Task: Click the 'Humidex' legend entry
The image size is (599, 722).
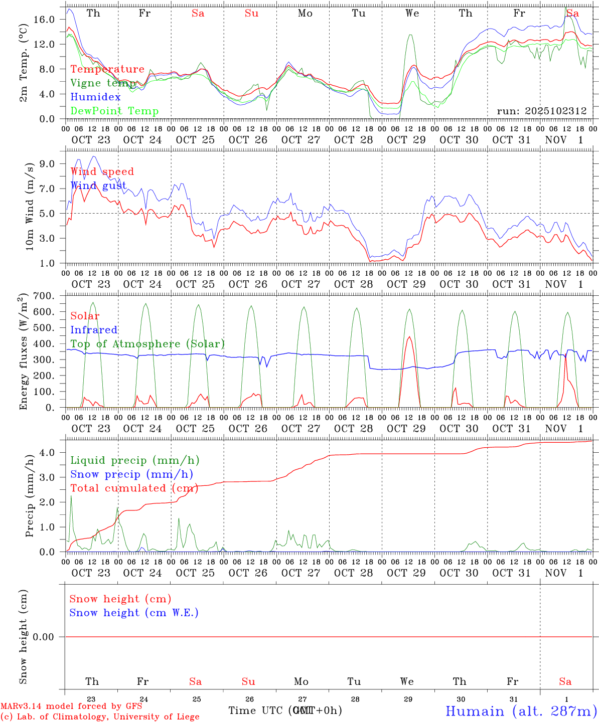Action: click(x=95, y=97)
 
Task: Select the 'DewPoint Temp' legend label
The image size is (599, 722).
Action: click(x=114, y=111)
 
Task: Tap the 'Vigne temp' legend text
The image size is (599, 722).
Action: click(x=103, y=83)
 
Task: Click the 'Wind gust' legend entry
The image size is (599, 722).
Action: click(x=98, y=186)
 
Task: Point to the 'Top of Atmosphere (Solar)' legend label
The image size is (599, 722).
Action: click(x=147, y=344)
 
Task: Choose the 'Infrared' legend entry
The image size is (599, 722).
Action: click(x=94, y=330)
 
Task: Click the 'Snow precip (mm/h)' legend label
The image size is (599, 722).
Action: click(x=131, y=474)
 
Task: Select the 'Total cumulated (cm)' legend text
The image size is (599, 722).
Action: click(x=134, y=488)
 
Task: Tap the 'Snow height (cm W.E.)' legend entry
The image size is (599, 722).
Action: click(x=134, y=613)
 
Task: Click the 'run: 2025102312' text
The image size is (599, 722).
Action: click(x=542, y=111)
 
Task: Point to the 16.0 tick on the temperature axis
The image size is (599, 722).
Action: click(x=45, y=20)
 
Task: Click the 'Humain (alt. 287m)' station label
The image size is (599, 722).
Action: click(x=521, y=711)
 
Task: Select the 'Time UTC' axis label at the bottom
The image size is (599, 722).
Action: click(x=257, y=710)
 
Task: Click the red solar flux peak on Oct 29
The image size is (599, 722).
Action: click(x=409, y=337)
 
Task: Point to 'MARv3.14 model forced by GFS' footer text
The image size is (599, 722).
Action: click(x=71, y=706)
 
